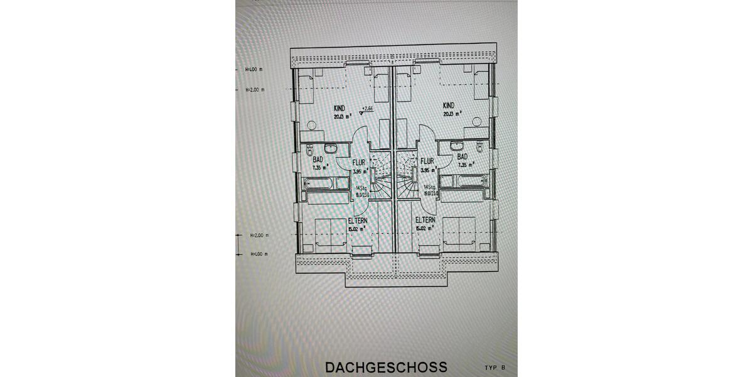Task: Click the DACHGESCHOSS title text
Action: [386, 367]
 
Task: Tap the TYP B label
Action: [494, 367]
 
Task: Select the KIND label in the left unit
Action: [339, 109]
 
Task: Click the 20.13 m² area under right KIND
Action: [452, 114]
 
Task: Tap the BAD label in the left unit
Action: [318, 160]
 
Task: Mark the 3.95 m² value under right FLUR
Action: [428, 170]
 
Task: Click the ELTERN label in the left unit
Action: [358, 221]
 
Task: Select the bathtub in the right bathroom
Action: [463, 182]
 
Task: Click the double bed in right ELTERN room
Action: [460, 232]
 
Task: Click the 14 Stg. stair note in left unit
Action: [360, 188]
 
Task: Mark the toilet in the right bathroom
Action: [479, 149]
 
